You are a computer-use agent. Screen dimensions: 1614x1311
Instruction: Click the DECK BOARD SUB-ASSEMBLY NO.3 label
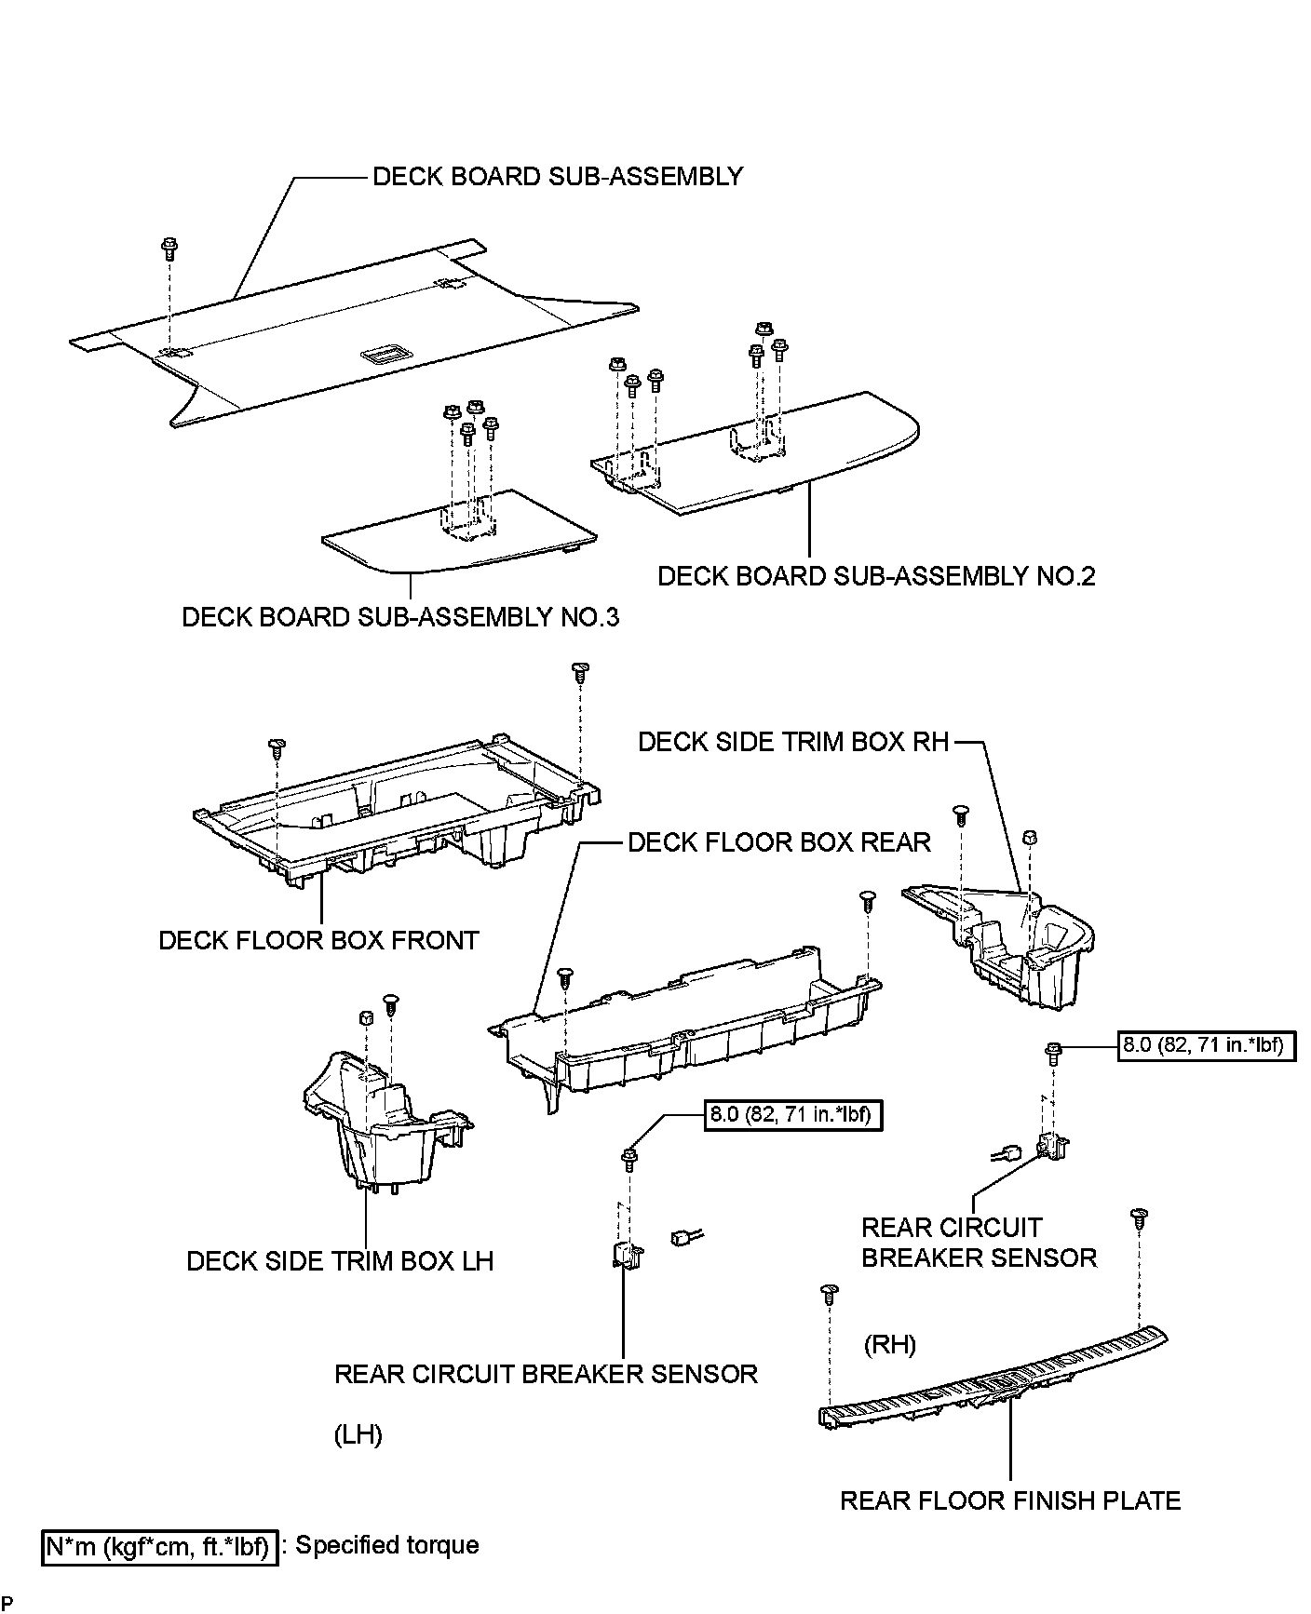400,617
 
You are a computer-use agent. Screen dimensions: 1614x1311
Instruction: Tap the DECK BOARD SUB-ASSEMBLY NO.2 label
876,576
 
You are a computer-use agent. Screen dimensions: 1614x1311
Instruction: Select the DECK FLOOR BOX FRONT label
318,940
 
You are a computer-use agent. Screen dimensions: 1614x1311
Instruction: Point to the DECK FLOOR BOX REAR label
779,843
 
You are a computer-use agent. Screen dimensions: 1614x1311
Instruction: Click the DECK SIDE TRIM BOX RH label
793,742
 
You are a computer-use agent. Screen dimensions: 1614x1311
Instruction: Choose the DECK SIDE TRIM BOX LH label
340,1261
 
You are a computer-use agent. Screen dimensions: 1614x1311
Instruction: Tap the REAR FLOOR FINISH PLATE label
1010,1500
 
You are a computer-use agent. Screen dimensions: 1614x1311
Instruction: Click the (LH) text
358,1434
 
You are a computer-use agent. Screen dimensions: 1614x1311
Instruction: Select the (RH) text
890,1344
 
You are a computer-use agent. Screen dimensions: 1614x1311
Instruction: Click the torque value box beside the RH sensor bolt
1206,1045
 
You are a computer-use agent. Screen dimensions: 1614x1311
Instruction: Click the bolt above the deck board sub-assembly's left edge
169,248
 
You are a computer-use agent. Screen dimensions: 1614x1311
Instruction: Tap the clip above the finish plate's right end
1137,1217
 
